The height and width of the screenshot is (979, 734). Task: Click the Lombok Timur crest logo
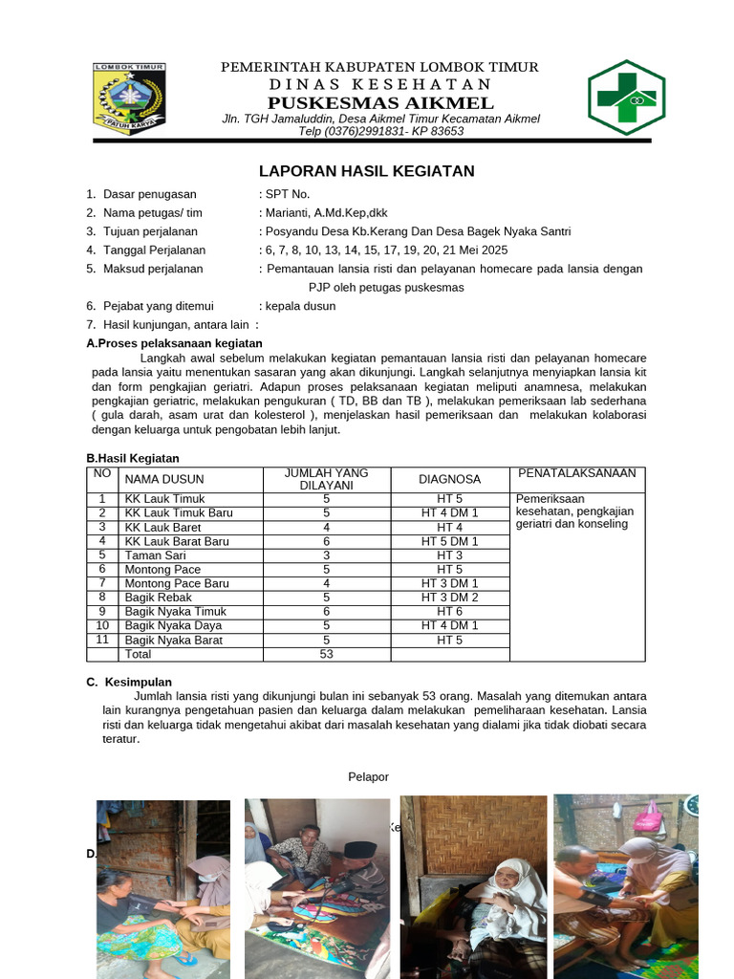129,98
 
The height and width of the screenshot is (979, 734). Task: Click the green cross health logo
625,97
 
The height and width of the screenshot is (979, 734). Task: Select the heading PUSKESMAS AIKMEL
380,103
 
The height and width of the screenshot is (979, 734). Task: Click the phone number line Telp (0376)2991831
381,131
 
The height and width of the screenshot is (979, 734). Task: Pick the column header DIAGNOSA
449,479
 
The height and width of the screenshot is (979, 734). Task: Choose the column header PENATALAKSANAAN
576,473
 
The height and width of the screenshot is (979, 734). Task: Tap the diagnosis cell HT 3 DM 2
449,598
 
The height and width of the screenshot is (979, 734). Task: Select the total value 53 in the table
326,654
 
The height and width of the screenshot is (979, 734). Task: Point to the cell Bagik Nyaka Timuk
175,612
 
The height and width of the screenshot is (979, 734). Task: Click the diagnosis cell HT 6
449,612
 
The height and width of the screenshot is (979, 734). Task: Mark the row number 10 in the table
101,625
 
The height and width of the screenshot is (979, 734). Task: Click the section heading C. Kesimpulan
129,682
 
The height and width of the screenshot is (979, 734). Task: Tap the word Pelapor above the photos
368,777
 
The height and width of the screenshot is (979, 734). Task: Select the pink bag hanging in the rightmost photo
649,817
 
